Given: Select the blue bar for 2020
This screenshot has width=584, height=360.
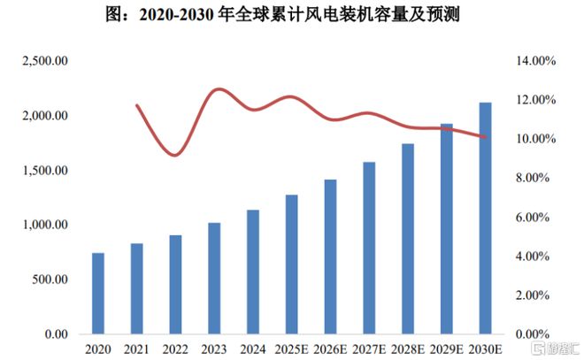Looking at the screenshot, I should click(x=98, y=294).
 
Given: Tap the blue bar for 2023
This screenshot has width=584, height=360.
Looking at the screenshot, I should click(x=214, y=279).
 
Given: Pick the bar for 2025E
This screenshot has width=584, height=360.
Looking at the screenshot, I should click(x=291, y=264).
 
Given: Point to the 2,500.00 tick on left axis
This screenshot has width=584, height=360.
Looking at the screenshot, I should click(x=44, y=61).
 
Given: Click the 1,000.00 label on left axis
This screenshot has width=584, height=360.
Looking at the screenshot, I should click(x=44, y=226).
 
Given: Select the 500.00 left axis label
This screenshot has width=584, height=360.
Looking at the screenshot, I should click(x=50, y=280).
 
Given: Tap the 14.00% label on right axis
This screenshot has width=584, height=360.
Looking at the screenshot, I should click(x=532, y=61).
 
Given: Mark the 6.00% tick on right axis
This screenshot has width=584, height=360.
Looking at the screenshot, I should click(x=534, y=218).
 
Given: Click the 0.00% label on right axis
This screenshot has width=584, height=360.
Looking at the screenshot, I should click(x=534, y=334).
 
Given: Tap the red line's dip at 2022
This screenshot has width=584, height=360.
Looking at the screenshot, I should click(x=175, y=156).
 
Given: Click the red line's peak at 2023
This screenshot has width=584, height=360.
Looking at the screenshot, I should click(x=216, y=89).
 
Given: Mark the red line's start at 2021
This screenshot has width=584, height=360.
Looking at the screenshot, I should click(x=136, y=105).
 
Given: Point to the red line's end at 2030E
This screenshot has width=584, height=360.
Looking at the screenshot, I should click(x=485, y=137).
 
